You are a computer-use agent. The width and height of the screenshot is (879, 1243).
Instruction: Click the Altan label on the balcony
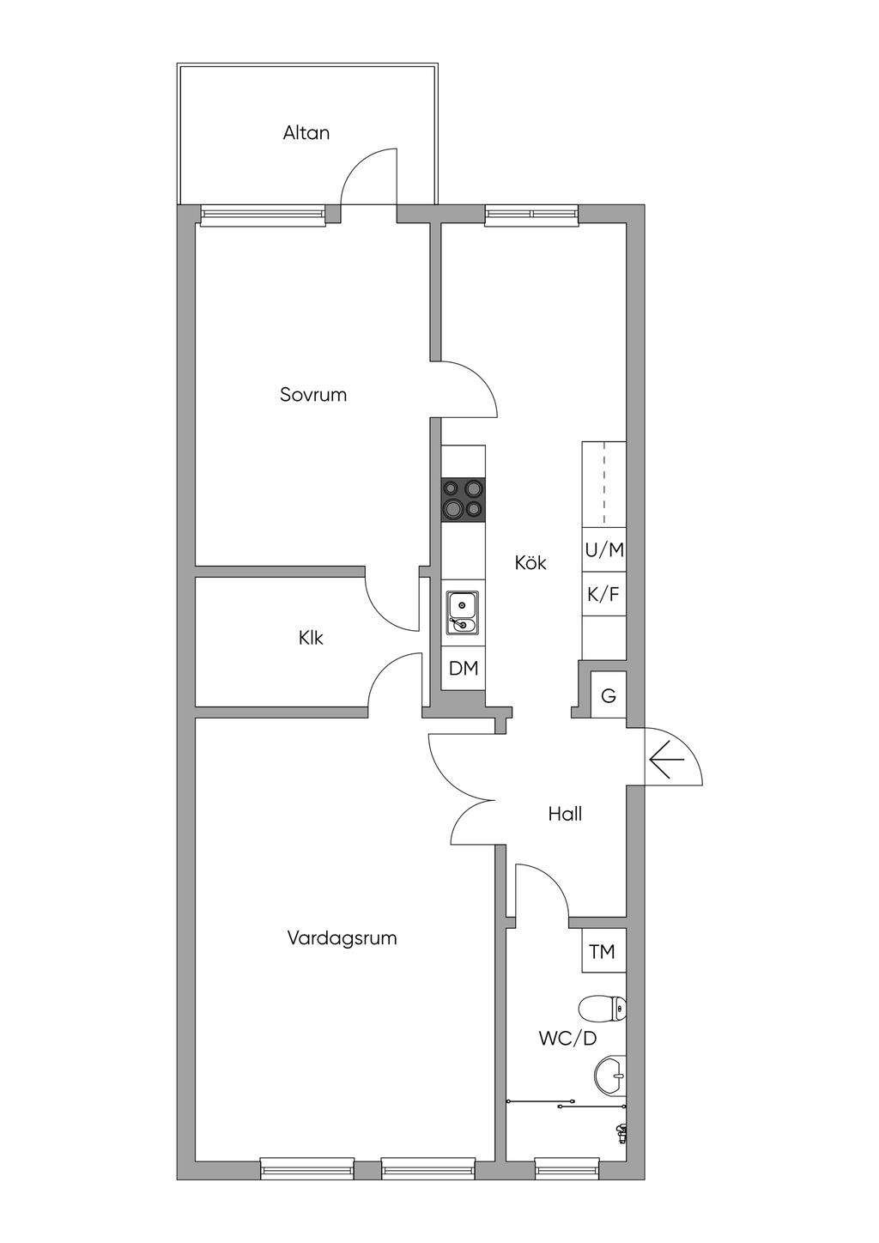point(306,133)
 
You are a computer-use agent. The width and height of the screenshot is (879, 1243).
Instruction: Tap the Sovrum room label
point(313,395)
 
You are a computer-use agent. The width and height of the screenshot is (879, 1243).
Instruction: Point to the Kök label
point(530,562)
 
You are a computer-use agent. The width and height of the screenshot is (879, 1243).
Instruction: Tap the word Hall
point(565,814)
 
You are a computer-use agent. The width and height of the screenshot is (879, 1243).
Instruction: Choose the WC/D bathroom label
point(567,1038)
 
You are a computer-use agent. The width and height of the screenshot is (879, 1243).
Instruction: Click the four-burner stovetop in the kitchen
point(464,500)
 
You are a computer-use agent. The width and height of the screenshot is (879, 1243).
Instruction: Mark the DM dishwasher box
point(464,669)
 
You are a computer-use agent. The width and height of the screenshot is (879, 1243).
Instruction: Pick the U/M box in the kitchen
point(603,550)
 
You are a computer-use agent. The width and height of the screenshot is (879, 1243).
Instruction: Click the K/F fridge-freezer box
point(603,594)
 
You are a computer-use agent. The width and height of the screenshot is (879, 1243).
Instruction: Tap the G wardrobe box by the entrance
point(609,695)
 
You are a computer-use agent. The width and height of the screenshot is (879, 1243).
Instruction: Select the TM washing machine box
point(603,951)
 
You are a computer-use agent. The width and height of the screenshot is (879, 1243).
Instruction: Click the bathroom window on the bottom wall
point(567,1166)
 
